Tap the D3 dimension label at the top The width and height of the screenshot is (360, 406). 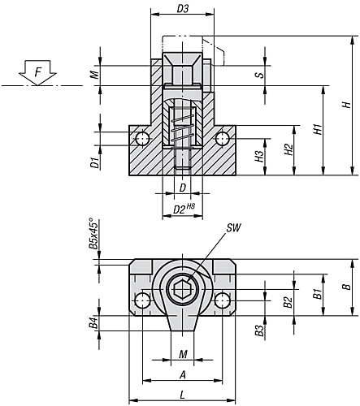(x=182, y=9)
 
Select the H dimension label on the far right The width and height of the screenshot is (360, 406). (x=346, y=105)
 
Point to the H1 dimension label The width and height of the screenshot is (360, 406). (x=318, y=129)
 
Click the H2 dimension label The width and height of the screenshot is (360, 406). (x=289, y=149)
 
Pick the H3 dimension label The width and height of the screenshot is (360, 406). (x=260, y=157)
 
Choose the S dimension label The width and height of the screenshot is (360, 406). (x=260, y=75)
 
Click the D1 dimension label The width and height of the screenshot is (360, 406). (x=95, y=163)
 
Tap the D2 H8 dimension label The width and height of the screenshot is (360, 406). (x=184, y=209)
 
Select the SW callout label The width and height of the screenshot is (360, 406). (x=233, y=228)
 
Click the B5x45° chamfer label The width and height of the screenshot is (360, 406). (x=93, y=233)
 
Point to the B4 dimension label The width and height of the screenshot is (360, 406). (x=93, y=323)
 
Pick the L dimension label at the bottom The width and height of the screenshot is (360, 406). (x=183, y=395)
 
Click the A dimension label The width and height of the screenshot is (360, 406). (x=183, y=374)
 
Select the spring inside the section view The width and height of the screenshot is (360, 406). (x=183, y=128)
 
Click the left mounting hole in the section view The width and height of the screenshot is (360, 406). (x=142, y=139)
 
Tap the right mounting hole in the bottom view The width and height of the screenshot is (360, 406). (x=223, y=300)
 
